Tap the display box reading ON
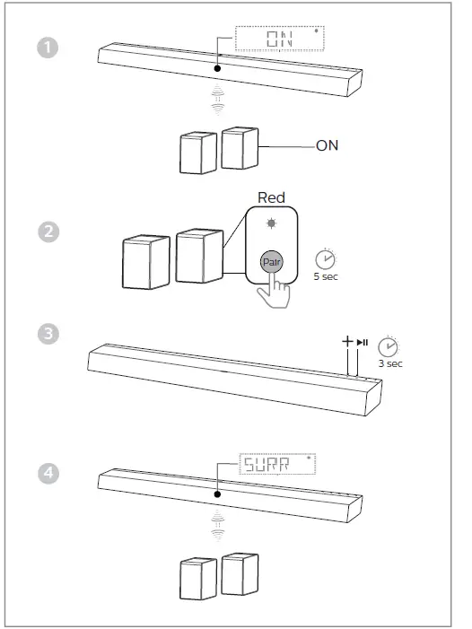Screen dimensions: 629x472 coord(279,39)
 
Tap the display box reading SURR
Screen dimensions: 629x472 coord(279,464)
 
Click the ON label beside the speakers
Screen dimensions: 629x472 coord(328,144)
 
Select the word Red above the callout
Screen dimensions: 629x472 coord(271,197)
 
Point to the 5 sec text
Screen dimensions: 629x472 coord(326,277)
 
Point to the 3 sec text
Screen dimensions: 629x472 coord(389,363)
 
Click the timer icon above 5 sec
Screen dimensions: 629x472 coord(327,258)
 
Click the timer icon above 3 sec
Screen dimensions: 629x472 coord(389,345)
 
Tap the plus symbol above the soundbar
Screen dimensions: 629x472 coord(347,342)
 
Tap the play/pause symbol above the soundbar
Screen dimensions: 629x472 coord(362,343)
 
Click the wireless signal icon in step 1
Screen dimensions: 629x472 coord(216,100)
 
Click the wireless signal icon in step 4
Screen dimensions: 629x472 coord(216,528)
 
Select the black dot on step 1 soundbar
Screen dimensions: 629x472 coord(216,67)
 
